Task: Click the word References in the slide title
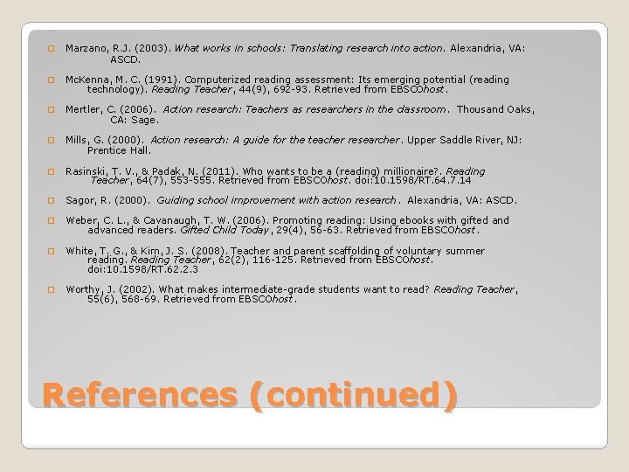tap(137, 396)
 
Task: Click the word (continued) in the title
tap(353, 396)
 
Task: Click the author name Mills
tap(78, 140)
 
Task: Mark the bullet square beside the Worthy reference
tap(51, 290)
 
